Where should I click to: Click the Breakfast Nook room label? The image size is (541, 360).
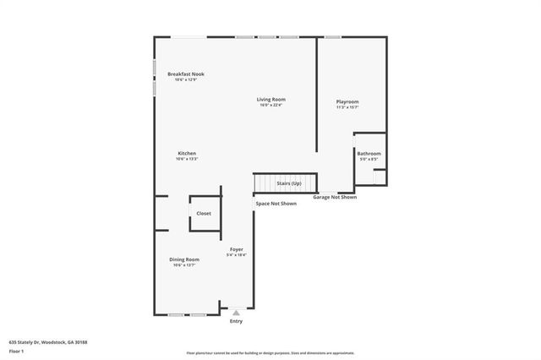[186, 74]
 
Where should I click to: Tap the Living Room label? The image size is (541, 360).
[271, 100]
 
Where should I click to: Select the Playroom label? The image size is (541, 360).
[347, 101]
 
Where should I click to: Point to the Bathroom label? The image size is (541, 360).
[369, 153]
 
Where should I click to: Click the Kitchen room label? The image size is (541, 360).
[187, 153]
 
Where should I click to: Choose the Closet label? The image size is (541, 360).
[204, 213]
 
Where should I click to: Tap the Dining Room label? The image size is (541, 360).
[184, 259]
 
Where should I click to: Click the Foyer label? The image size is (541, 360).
[237, 249]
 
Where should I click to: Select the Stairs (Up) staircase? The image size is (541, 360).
[286, 183]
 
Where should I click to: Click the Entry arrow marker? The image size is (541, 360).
[236, 313]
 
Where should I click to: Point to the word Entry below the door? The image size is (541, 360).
[236, 321]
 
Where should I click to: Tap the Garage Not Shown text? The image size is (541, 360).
[335, 197]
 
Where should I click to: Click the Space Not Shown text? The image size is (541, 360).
[276, 204]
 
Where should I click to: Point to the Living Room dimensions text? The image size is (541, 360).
[271, 106]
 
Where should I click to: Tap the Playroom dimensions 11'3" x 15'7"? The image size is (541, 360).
[347, 107]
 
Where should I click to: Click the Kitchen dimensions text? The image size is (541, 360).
[187, 159]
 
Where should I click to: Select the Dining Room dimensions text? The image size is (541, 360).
[184, 265]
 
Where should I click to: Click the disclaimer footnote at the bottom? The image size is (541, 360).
[270, 353]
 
